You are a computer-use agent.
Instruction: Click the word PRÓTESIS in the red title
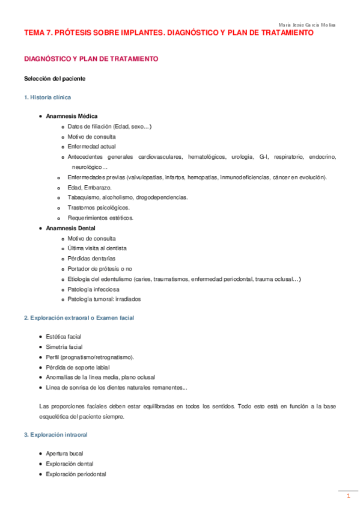(68, 34)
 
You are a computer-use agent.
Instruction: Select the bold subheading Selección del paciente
(54, 79)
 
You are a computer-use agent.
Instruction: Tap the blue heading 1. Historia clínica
(49, 97)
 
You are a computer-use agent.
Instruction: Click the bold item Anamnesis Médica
(72, 116)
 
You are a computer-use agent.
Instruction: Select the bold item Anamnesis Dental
(70, 228)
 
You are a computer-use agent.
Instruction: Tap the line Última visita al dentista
(97, 248)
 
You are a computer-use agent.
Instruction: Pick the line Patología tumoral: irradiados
(104, 299)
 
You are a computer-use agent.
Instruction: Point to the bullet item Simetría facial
(64, 347)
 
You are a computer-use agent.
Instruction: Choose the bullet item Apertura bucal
(64, 453)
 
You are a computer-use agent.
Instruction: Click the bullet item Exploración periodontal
(76, 474)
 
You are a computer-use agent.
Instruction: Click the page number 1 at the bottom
(347, 497)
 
